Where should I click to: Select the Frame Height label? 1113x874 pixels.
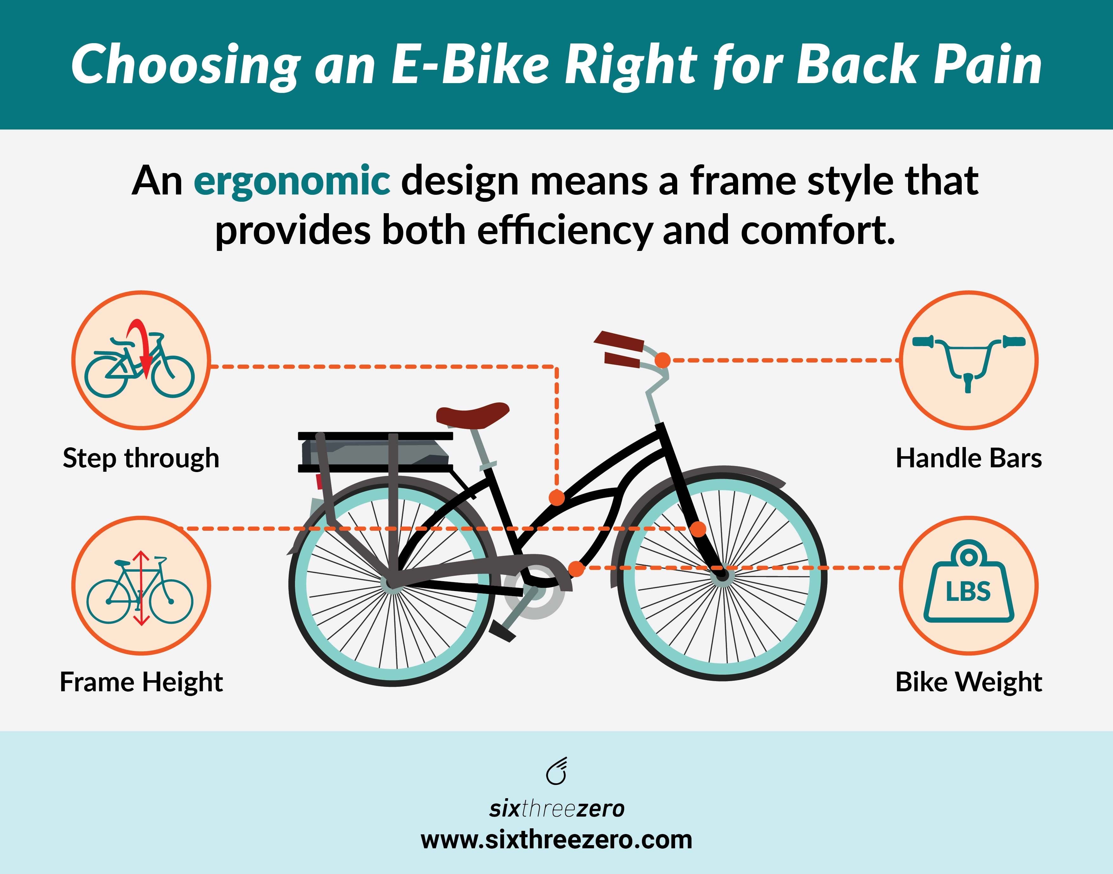(141, 682)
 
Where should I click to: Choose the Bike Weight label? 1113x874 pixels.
(968, 682)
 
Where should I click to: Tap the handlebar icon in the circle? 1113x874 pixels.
(968, 360)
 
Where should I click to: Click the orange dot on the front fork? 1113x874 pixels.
(698, 529)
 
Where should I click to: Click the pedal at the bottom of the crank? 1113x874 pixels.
(502, 630)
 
